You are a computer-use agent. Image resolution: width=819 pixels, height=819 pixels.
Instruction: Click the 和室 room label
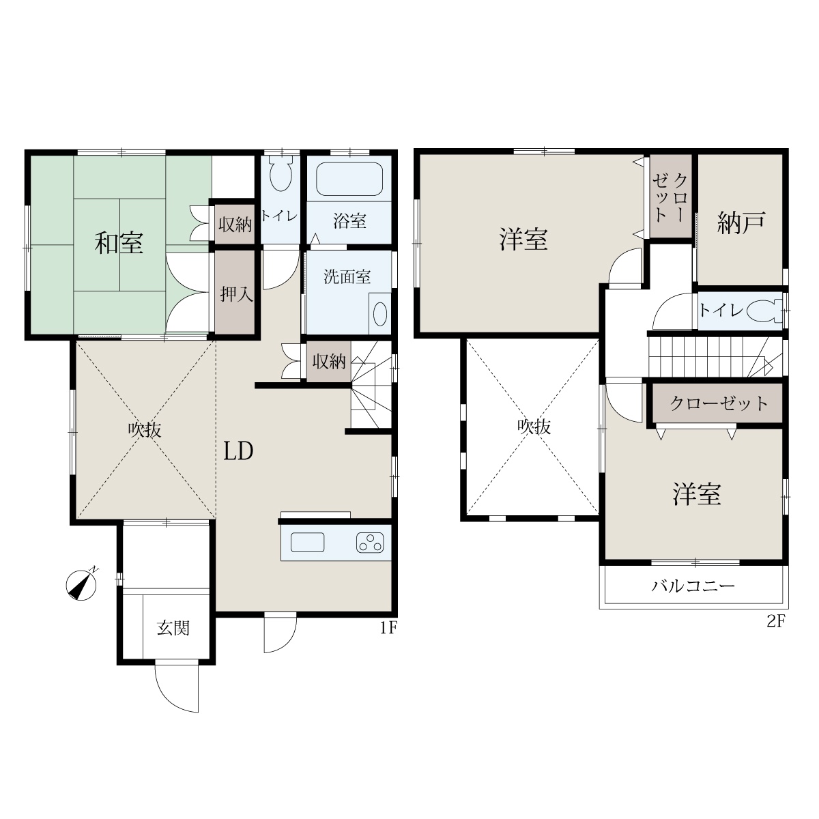[x=119, y=243]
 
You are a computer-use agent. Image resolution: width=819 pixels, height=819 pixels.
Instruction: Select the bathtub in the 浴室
[x=349, y=179]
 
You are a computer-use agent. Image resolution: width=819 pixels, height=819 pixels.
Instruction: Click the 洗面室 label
[x=347, y=276]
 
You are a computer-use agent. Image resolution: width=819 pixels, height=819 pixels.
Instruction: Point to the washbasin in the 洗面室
[x=380, y=314]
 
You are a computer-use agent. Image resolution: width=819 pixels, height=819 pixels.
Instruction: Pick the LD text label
[x=238, y=451]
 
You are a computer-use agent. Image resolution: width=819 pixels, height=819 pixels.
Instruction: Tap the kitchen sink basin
[x=307, y=543]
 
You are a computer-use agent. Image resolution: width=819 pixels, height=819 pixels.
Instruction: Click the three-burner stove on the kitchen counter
[x=370, y=543]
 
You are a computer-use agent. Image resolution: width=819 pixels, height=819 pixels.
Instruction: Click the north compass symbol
[x=82, y=584]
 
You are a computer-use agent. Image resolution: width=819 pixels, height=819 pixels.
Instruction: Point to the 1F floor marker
[x=388, y=627]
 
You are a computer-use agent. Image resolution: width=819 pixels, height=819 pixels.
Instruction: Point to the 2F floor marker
[x=775, y=622]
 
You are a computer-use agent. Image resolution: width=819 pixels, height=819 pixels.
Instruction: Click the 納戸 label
[x=741, y=222]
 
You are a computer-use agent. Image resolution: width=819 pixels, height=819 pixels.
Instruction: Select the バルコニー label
[x=693, y=586]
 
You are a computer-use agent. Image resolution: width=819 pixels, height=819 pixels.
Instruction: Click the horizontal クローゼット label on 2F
[x=719, y=403]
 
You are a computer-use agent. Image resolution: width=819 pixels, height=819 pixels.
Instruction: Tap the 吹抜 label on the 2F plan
[x=534, y=427]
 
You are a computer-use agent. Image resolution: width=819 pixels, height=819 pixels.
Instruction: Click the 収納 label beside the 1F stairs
[x=329, y=361]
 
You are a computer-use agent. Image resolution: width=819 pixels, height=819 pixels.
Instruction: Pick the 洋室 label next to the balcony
[x=697, y=494]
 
